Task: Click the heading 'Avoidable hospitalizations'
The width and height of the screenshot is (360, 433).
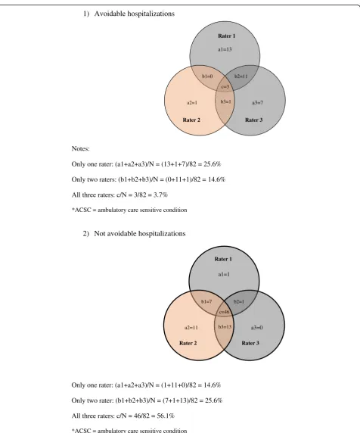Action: [x=135, y=14]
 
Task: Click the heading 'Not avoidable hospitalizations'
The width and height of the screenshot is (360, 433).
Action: [x=140, y=234]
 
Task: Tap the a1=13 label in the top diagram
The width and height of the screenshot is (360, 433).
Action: [x=225, y=49]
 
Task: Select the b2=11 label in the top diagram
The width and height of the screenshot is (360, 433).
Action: [x=241, y=76]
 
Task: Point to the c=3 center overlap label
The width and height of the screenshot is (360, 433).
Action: [x=225, y=87]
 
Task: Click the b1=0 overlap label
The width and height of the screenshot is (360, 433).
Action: [x=207, y=76]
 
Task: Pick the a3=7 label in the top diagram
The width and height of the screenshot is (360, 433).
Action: [x=257, y=103]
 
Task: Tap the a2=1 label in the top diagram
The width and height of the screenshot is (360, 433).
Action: [x=192, y=103]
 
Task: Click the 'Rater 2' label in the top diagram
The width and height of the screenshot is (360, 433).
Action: [x=191, y=120]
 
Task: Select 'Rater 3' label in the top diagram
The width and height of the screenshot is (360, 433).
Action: [x=254, y=120]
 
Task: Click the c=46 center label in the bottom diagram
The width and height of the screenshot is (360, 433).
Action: [x=224, y=312]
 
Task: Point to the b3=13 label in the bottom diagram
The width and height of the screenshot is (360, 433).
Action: [x=225, y=327]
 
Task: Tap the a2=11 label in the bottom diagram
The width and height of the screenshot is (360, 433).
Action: [x=191, y=328]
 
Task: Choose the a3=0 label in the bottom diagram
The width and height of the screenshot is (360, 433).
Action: [x=257, y=328]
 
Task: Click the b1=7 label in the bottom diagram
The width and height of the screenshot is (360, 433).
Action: [x=206, y=301]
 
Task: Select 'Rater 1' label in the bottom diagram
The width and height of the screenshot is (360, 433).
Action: [x=223, y=259]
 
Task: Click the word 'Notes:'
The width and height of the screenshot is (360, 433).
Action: [x=81, y=148]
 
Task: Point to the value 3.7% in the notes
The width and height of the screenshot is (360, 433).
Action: [x=160, y=195]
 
